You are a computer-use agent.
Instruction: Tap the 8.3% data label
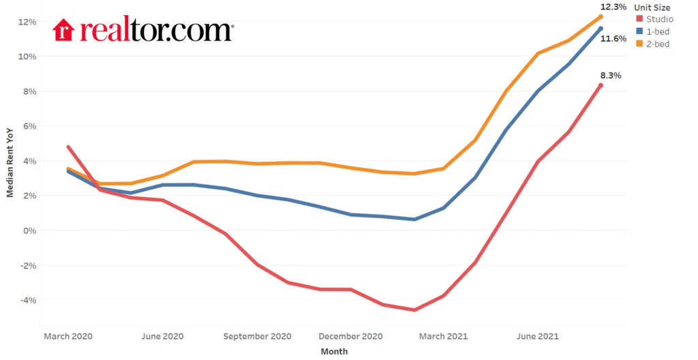611,76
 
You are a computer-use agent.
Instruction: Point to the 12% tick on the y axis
27,22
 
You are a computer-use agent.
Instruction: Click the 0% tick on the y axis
29,230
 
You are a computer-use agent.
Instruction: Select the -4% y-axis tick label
28,300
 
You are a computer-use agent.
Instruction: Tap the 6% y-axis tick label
29,126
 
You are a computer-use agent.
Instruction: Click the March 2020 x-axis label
67,336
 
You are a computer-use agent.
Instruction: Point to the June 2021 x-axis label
537,336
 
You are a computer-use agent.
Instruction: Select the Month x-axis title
334,352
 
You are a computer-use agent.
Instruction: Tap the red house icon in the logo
63,30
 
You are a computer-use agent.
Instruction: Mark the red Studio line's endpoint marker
601,85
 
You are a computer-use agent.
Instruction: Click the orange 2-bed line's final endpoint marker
601,16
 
